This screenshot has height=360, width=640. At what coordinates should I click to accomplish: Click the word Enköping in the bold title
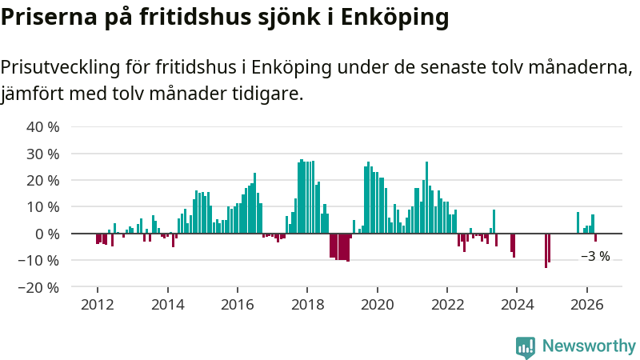(x=394, y=18)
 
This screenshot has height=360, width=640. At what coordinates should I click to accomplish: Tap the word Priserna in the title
(x=49, y=17)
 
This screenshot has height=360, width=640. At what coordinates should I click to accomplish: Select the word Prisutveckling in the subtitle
(x=61, y=68)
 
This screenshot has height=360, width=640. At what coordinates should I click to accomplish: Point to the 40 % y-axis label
(x=43, y=127)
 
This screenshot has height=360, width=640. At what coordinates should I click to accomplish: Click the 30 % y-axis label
(x=43, y=154)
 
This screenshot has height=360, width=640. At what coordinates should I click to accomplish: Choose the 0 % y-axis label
(x=47, y=234)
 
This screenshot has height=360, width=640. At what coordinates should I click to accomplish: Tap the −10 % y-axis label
(x=38, y=261)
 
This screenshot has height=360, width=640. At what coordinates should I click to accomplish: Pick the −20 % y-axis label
(x=38, y=287)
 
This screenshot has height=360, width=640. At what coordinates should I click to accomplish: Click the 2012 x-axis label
(x=98, y=305)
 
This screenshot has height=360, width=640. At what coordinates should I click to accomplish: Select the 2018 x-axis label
(x=307, y=305)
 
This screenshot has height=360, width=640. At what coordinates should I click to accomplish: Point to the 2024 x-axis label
(x=517, y=305)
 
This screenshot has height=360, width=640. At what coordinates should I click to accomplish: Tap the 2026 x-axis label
(x=587, y=305)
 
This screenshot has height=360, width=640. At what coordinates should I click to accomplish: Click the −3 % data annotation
(x=595, y=256)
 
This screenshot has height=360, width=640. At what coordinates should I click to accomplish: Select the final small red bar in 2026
(x=595, y=238)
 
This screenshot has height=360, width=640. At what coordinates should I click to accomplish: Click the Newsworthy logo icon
(x=526, y=347)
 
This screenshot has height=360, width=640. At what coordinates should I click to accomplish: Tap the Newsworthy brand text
(x=589, y=346)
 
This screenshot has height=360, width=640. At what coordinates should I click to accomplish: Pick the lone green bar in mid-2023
(x=494, y=222)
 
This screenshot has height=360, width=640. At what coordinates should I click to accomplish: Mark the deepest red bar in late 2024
(x=546, y=250)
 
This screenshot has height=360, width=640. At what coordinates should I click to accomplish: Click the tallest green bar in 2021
(x=426, y=198)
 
